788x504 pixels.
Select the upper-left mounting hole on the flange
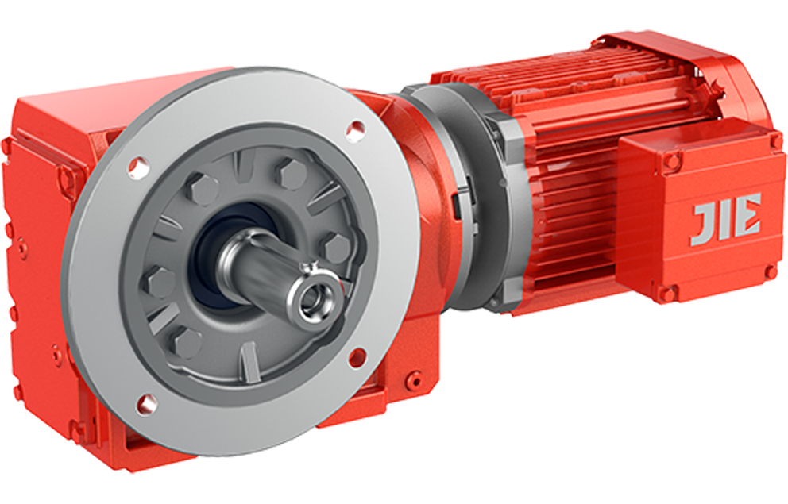[139, 164]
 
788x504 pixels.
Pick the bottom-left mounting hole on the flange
[145, 403]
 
